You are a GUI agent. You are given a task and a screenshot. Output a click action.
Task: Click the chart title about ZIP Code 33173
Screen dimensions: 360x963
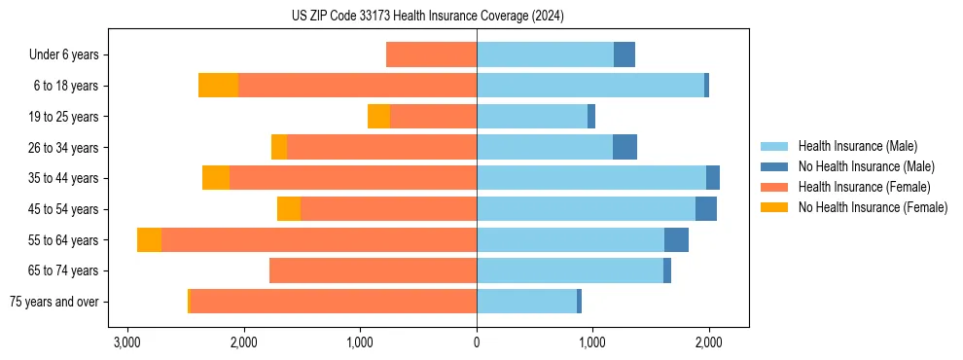[427, 17]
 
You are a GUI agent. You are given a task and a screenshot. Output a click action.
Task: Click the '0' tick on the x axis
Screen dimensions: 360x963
[477, 342]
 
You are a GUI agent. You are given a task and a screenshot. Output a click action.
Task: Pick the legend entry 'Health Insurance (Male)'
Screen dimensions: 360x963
[857, 146]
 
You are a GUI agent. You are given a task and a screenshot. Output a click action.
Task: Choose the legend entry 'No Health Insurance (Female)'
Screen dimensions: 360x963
[873, 207]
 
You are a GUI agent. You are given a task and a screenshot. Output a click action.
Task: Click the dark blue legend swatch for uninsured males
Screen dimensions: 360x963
[774, 166]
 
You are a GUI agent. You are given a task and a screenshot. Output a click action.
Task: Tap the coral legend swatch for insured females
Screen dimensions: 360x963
[774, 187]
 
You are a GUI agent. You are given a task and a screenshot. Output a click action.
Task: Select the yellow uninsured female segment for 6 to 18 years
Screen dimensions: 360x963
[218, 86]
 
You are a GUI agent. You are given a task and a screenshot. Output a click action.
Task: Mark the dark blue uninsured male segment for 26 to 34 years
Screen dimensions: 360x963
[624, 147]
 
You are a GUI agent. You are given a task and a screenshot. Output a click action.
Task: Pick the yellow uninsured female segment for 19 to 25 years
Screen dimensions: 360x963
[378, 117]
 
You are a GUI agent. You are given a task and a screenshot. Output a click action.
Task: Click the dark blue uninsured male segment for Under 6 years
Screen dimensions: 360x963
[624, 54]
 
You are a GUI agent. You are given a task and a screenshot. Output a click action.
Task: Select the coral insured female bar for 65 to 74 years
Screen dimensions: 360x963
[373, 270]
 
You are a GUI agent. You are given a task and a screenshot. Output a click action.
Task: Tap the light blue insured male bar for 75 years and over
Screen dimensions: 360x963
[526, 302]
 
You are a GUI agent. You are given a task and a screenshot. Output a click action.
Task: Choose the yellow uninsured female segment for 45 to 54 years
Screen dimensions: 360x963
[289, 209]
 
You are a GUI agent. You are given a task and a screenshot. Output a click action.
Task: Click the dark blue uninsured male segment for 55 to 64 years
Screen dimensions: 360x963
[676, 239]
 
